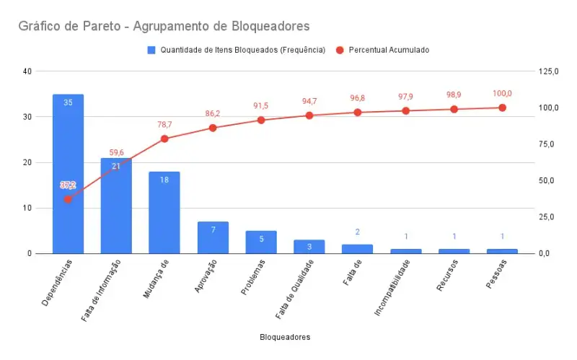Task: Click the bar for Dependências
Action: point(68,174)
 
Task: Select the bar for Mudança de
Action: point(164,212)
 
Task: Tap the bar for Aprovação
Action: point(213,237)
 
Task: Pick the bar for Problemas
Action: point(261,242)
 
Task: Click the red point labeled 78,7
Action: point(164,139)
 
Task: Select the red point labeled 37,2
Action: point(68,200)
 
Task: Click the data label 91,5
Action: point(261,106)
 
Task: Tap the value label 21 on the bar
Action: point(116,167)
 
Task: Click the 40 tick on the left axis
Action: point(27,71)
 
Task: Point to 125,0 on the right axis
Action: point(549,71)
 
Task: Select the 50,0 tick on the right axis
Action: point(547,181)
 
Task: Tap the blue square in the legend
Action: point(151,50)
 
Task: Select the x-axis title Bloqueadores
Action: point(285,337)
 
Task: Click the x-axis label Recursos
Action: point(447,276)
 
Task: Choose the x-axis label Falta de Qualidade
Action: point(295,289)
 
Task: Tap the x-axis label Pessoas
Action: point(496,274)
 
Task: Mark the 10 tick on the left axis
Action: point(27,208)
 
